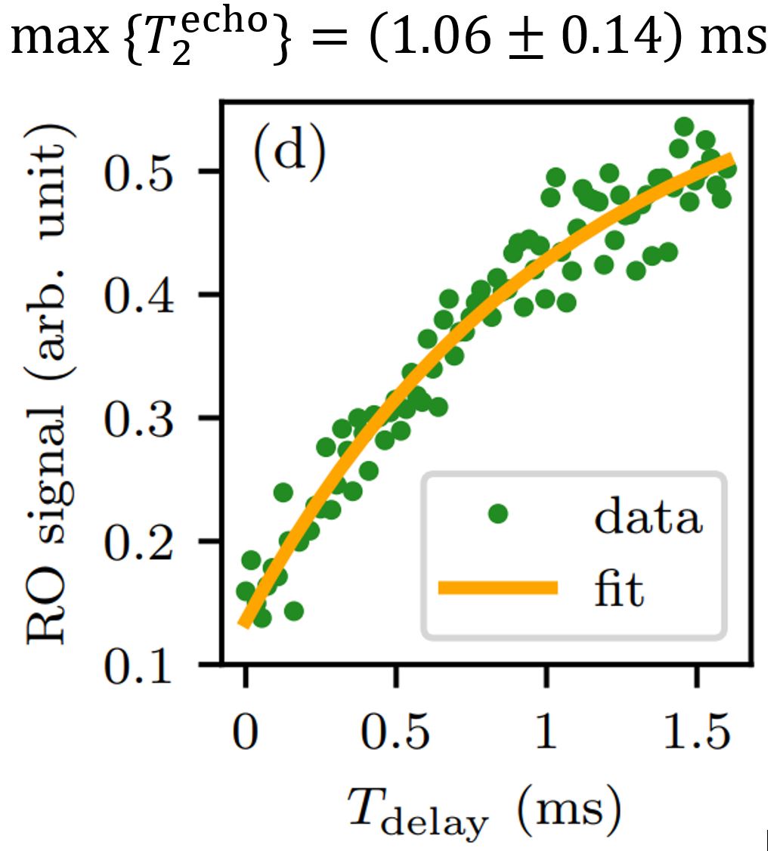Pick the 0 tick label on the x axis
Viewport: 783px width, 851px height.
[x=245, y=734]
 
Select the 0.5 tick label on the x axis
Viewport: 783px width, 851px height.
[x=395, y=734]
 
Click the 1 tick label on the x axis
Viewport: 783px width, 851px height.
[x=545, y=734]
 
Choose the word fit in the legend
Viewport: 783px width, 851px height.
[x=617, y=590]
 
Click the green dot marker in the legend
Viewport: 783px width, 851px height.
[x=497, y=515]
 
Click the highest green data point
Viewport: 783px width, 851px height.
[x=684, y=125]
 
